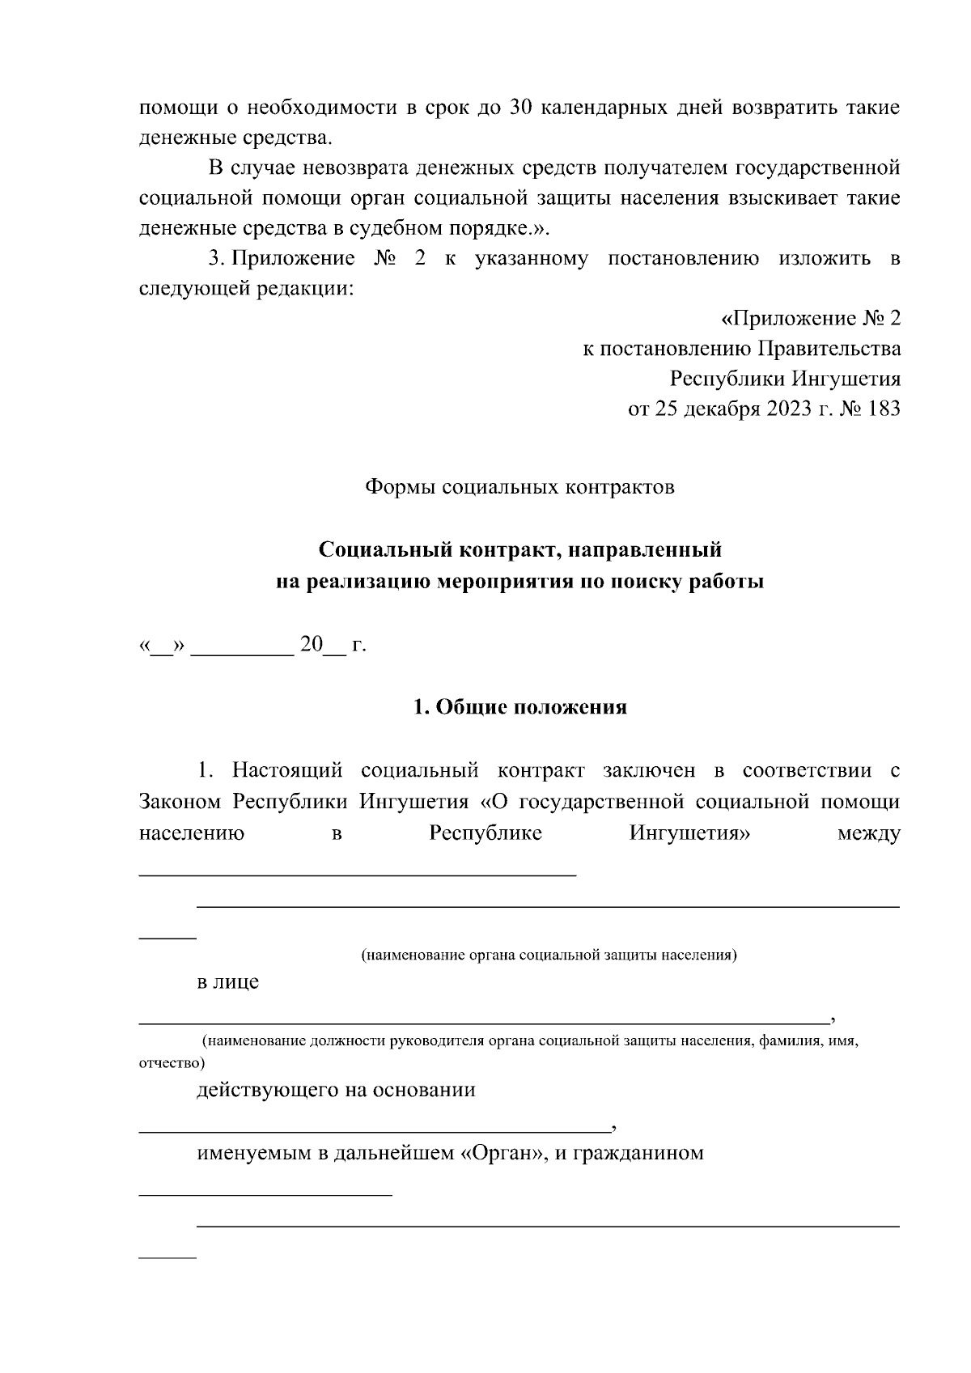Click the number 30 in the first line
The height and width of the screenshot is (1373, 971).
coord(519,108)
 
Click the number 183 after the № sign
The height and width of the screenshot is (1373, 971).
coord(883,409)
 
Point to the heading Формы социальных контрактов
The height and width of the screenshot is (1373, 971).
coord(519,488)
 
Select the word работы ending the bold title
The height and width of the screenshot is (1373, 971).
coord(726,582)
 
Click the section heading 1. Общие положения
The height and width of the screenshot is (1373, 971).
coord(519,707)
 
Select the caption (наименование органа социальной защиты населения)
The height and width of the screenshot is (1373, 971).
coord(549,955)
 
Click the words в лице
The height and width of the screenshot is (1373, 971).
coord(228,982)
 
